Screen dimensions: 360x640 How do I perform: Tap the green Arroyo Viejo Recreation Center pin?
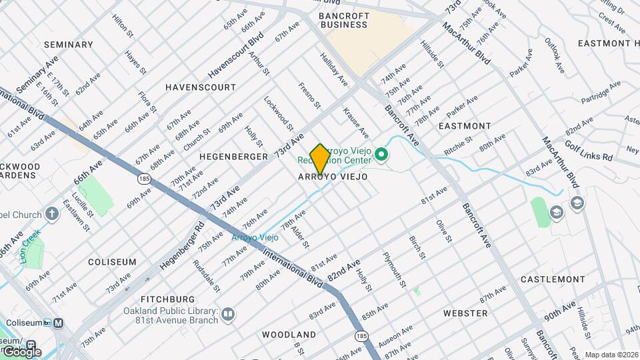pos(381,156)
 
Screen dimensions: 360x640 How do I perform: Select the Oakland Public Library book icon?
pos(228,314)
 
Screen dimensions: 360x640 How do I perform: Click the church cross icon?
pos(53,214)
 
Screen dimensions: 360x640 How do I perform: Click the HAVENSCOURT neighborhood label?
pos(201,87)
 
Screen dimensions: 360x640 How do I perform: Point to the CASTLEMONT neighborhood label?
pos(553,279)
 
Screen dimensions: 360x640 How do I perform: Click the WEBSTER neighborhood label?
pos(465,313)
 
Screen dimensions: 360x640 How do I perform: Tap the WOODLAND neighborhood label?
pos(289,334)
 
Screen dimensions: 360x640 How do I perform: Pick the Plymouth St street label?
pos(394,269)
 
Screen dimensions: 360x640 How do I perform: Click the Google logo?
pos(22,351)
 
